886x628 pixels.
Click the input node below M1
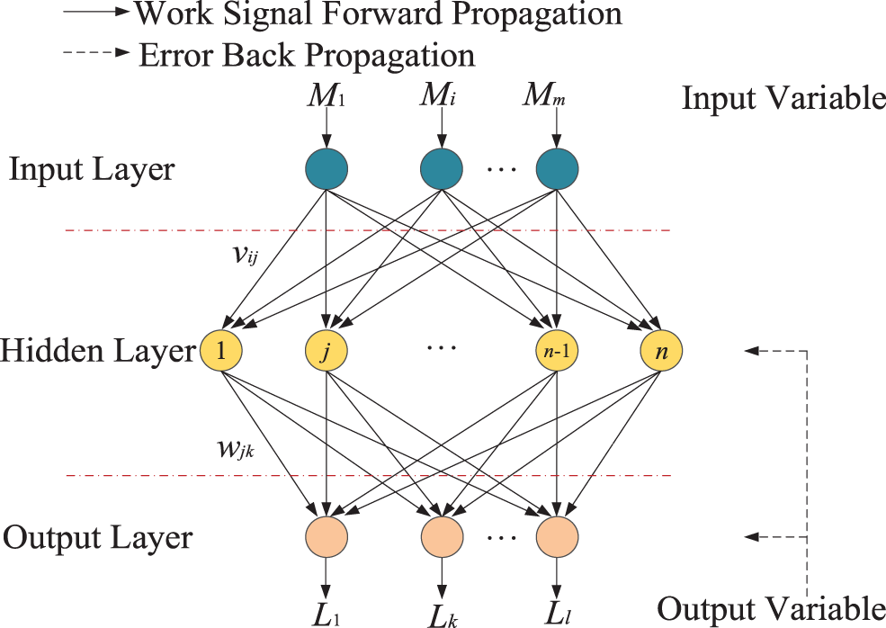click(327, 168)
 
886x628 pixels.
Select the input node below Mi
click(442, 168)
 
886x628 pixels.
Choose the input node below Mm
click(557, 168)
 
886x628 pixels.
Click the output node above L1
click(327, 538)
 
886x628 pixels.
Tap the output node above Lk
click(442, 538)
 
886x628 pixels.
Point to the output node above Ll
click(557, 538)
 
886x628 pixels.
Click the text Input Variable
click(783, 98)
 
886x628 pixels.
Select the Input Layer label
click(92, 169)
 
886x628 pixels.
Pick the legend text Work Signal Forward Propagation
click(377, 13)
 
